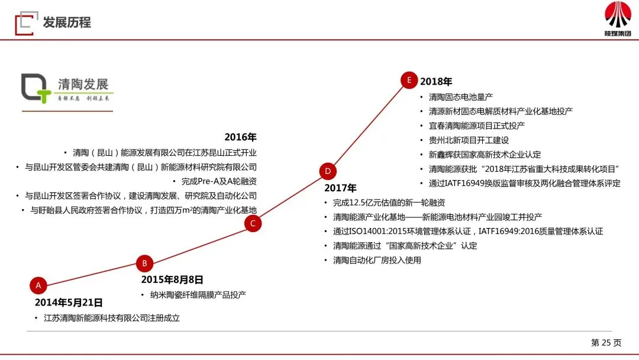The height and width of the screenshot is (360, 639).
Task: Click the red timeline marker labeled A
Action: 38,285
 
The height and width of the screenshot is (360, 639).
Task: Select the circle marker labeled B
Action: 144,263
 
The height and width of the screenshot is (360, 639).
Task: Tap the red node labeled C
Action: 253,223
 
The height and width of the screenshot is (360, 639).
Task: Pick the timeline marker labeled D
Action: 328,172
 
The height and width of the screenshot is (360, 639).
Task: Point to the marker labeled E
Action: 409,81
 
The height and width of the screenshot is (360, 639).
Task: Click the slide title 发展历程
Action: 67,23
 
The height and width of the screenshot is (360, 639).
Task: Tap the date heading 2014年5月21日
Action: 69,303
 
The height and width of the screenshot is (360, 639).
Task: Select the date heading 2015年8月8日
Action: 172,279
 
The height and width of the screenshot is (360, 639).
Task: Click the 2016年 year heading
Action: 240,137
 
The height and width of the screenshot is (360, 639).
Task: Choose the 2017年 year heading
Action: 340,188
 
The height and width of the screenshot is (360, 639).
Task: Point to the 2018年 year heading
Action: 436,82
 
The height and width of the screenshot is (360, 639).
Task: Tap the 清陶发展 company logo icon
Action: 37,89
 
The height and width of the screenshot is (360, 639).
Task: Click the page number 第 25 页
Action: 606,342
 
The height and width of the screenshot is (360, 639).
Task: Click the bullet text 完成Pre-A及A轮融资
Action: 219,181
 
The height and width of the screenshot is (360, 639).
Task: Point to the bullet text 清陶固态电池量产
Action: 461,97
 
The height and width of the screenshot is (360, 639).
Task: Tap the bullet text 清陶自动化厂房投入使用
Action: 377,260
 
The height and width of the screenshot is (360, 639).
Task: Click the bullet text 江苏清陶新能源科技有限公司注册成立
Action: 111,318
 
